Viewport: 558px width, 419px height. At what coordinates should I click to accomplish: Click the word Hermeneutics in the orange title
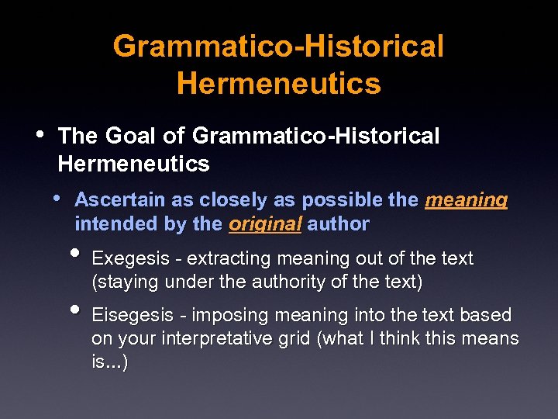279,82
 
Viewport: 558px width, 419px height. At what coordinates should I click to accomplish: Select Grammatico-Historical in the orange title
279,47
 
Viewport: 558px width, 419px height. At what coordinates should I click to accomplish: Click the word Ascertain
120,199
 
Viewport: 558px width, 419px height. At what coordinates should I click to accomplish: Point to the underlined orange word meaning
467,200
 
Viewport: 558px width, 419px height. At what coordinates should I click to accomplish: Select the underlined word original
265,225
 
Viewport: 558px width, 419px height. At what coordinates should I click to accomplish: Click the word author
339,225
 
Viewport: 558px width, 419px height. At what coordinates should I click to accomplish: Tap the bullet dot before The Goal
40,134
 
